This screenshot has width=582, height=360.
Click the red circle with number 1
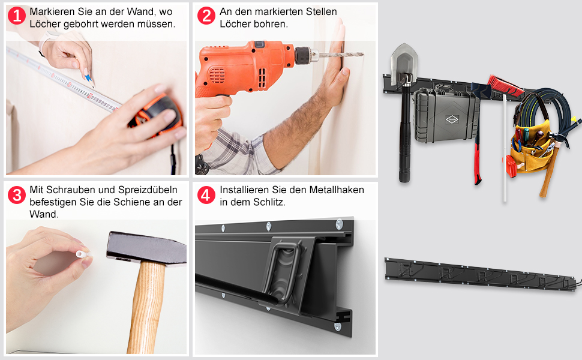17,16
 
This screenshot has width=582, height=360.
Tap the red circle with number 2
206,16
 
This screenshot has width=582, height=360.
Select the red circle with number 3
17,195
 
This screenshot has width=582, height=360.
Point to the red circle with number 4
206,195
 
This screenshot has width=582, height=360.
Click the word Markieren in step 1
52,11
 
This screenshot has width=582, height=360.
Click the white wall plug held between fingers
82,254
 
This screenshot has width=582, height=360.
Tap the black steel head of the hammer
146,248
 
